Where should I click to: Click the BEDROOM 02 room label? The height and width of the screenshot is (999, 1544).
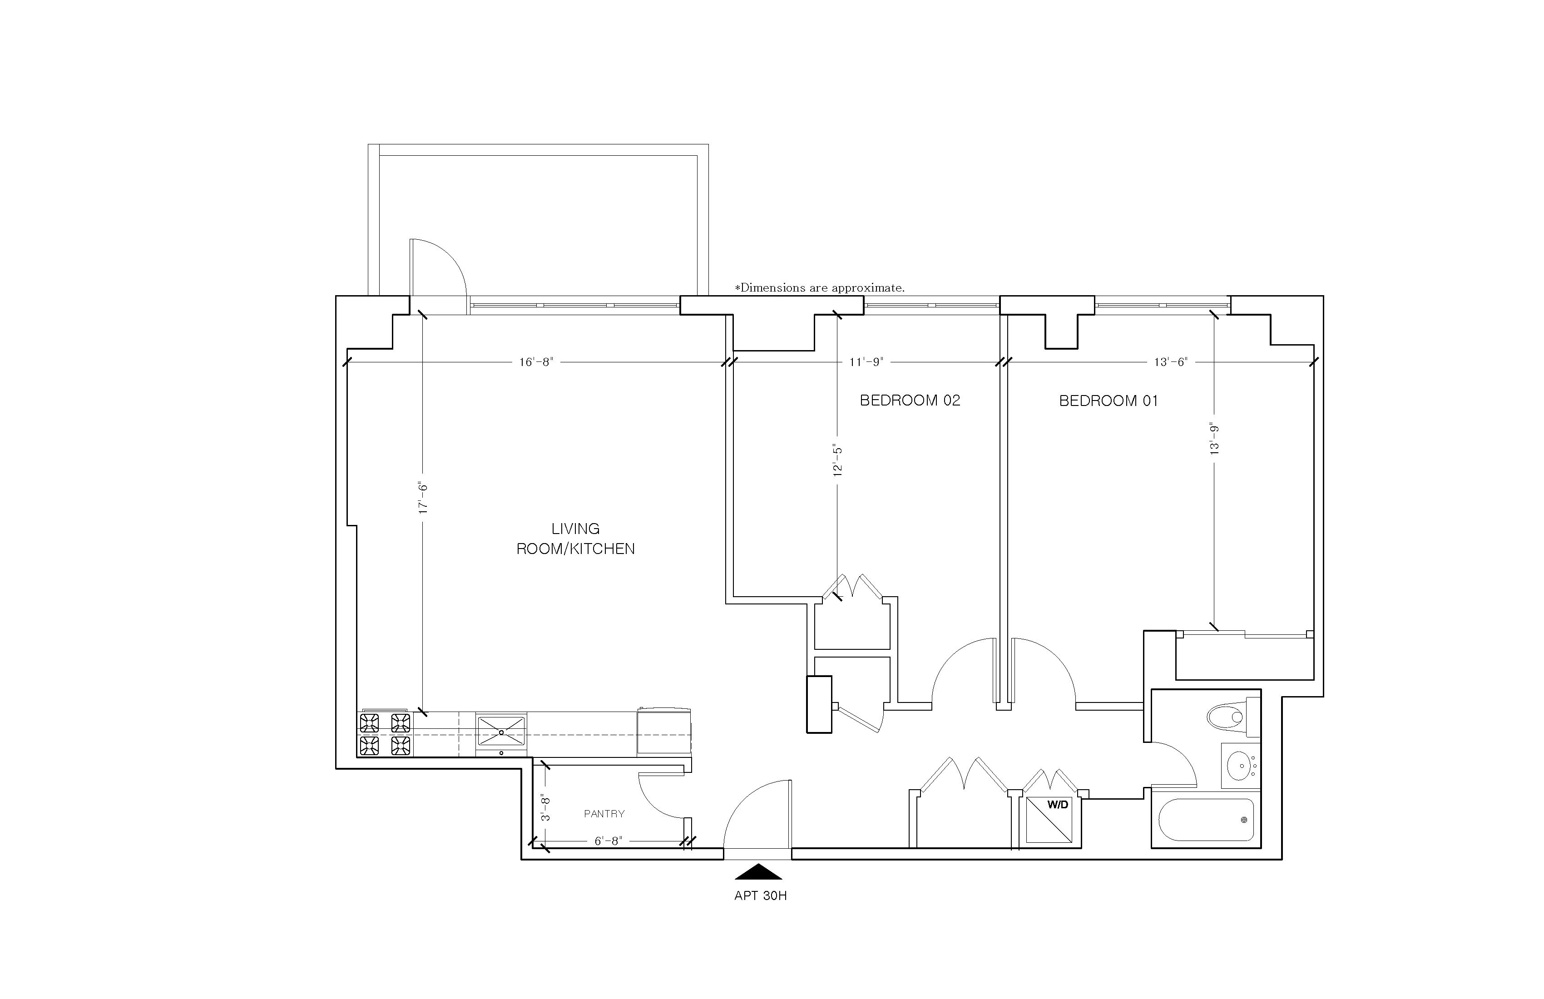[910, 400]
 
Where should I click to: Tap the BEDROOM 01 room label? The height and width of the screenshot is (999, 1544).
[1108, 401]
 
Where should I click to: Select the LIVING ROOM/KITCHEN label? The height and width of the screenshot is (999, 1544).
[575, 539]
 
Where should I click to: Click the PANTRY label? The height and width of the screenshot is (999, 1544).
[604, 813]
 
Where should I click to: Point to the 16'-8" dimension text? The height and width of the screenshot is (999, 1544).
[536, 362]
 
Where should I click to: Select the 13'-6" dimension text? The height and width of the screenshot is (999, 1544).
[1170, 362]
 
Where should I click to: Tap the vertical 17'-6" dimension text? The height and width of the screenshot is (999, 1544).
[423, 498]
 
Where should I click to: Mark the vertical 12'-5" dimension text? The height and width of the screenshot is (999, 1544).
[837, 460]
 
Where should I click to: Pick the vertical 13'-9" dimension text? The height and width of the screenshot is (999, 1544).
[1214, 439]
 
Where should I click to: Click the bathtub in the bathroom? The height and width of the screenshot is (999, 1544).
[1205, 820]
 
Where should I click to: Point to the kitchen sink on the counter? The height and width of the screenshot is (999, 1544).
[501, 731]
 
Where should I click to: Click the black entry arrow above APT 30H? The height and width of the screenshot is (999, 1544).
[758, 872]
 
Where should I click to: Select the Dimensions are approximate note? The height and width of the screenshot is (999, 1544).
[819, 287]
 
